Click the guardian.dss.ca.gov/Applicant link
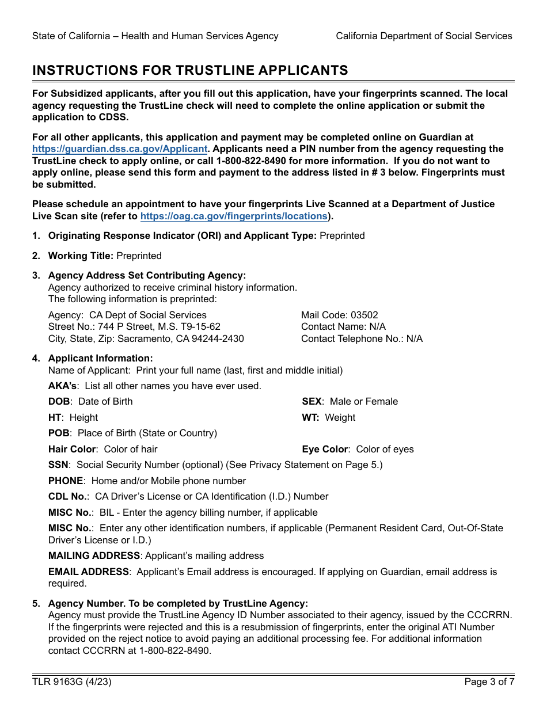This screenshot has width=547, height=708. tap(120, 149)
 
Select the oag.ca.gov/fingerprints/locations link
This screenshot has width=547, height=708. tap(234, 216)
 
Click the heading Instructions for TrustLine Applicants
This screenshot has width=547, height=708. tap(190, 70)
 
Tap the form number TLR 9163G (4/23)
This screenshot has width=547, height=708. tap(72, 682)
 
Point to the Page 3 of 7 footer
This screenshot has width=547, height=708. tap(489, 682)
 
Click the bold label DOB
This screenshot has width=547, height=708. tap(59, 402)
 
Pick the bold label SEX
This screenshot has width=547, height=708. tap(312, 402)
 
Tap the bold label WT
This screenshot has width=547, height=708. tap(310, 418)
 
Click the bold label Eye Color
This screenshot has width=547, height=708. tap(325, 450)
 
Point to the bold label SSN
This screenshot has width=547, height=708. tap(58, 465)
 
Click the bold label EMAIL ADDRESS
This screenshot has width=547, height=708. tap(89, 572)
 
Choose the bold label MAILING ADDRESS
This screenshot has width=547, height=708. tap(94, 556)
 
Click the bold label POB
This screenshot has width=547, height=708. tap(59, 433)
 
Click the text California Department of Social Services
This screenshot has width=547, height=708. tap(424, 36)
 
